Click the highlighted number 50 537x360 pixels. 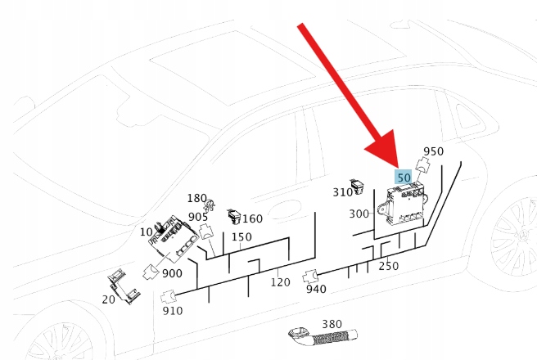[404, 177]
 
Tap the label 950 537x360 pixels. [433, 151]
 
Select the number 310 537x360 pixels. [342, 192]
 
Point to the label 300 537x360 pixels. [359, 214]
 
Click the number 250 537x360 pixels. [388, 266]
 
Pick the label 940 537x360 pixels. [316, 289]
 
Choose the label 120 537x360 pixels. [281, 282]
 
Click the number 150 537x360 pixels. [241, 237]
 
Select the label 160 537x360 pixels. [252, 218]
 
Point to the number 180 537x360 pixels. [196, 199]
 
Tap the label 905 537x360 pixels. [198, 217]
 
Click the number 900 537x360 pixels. [172, 272]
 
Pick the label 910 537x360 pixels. [173, 311]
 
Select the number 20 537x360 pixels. [108, 299]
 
